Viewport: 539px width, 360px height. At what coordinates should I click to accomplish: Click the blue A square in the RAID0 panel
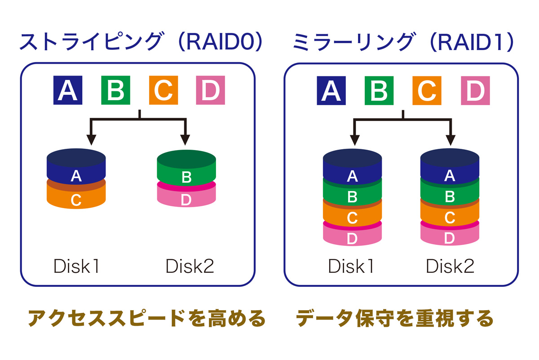tap(68, 90)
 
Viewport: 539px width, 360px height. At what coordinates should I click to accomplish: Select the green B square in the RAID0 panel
tap(115, 90)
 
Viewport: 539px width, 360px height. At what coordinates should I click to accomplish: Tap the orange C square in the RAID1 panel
tap(427, 90)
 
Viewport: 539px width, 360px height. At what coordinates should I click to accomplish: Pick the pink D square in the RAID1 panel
tap(475, 90)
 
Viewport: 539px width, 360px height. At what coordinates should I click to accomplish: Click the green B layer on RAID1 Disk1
tap(352, 194)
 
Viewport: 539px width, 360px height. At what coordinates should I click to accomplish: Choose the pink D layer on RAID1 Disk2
tap(450, 235)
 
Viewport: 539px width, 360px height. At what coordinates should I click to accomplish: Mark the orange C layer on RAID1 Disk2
tap(450, 214)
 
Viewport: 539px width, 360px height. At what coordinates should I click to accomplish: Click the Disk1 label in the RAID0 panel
tap(76, 266)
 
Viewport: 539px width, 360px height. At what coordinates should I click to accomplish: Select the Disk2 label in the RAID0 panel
tap(190, 266)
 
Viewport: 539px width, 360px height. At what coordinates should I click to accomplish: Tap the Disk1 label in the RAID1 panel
tap(351, 266)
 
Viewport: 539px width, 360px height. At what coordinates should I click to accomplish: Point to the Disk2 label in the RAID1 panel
tap(450, 266)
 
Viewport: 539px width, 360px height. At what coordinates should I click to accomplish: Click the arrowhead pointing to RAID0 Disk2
tap(185, 140)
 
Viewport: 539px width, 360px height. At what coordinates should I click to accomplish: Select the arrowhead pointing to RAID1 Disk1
tap(355, 140)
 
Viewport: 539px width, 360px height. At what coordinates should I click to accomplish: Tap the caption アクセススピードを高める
tap(147, 318)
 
